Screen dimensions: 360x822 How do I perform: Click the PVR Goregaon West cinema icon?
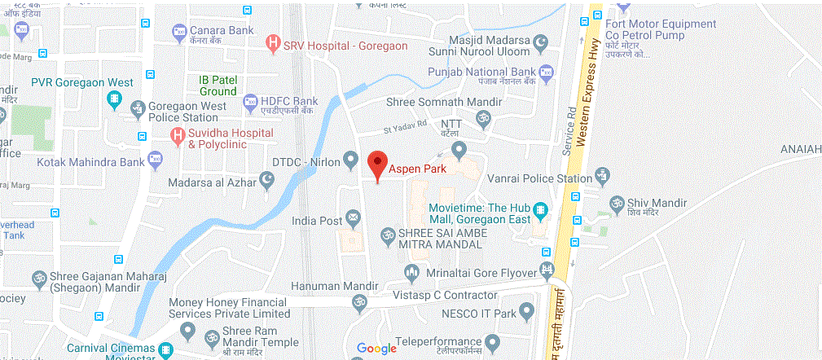(x=115, y=99)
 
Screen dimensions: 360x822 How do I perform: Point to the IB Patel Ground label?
(x=218, y=86)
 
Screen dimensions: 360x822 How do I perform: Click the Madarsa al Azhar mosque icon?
(x=267, y=179)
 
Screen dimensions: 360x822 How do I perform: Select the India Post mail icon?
(x=353, y=217)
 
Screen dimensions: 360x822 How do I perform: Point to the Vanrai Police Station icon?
(x=603, y=175)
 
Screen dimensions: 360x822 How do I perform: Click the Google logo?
(x=376, y=349)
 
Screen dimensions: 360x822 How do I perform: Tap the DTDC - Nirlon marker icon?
(x=351, y=158)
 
